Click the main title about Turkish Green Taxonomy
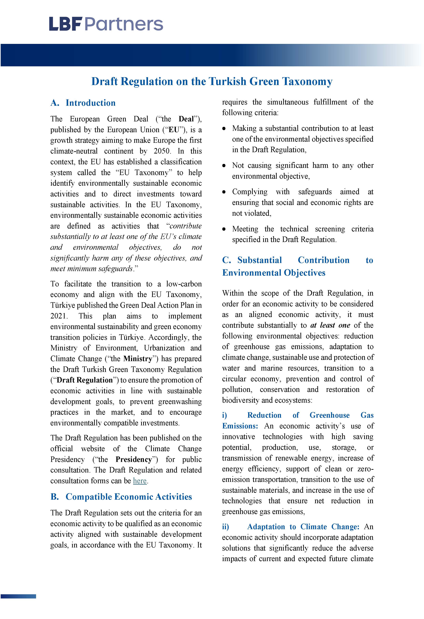(x=212, y=81)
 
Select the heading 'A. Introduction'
(x=83, y=103)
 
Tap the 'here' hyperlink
(x=140, y=481)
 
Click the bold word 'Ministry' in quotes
(x=138, y=359)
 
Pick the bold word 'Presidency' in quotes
(x=133, y=460)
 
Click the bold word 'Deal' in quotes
(x=186, y=119)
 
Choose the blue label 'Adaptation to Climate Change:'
(x=303, y=527)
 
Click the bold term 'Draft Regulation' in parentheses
(x=84, y=380)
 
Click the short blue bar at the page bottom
(x=18, y=596)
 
